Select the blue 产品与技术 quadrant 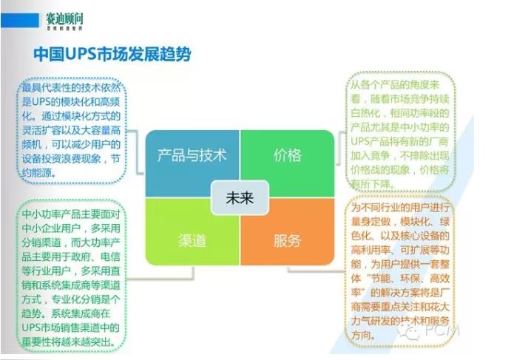tap(192, 155)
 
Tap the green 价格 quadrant tap(288, 155)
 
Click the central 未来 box tap(238, 198)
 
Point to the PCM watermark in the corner tap(436, 332)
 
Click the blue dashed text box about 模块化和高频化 tap(73, 130)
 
